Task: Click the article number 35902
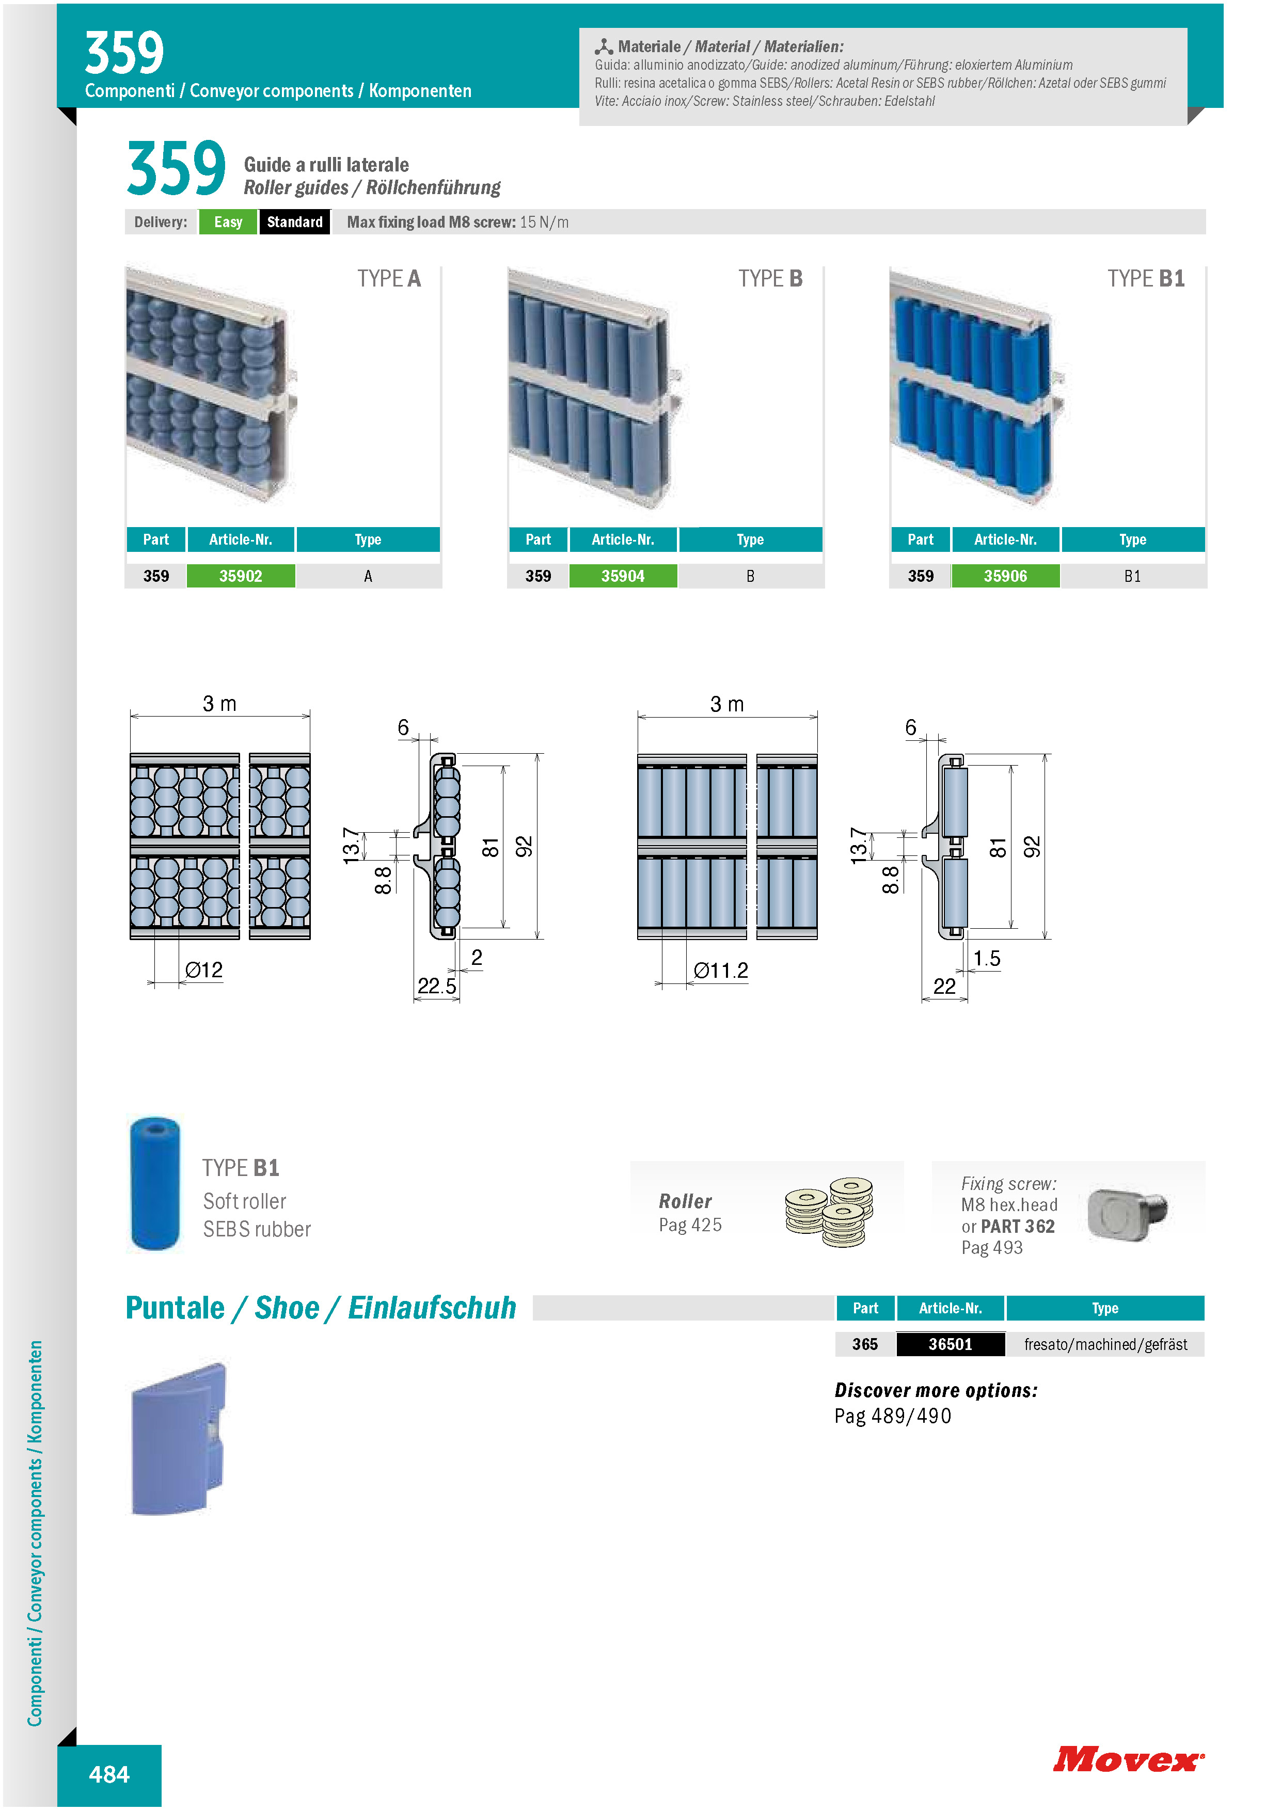(241, 576)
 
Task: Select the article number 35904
(623, 576)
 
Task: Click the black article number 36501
(951, 1344)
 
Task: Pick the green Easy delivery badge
(228, 221)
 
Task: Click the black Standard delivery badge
(295, 221)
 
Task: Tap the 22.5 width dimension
(437, 986)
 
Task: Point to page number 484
(109, 1775)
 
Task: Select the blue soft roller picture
(154, 1183)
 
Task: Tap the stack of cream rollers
(830, 1212)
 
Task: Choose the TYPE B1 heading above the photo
(1146, 278)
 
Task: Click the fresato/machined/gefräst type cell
(1105, 1344)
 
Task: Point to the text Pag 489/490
(893, 1417)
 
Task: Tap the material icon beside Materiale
(604, 46)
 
